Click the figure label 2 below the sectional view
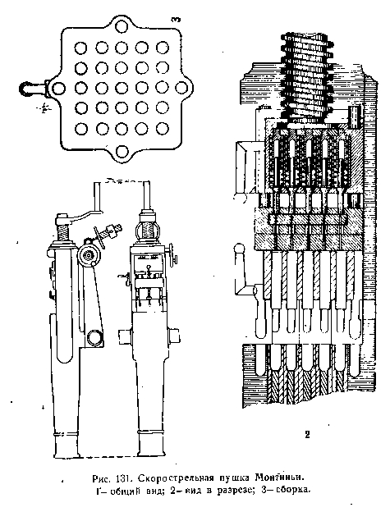point(307,434)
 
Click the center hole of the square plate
point(122,88)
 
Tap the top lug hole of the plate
point(122,26)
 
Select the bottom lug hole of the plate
point(122,151)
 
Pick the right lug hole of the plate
point(181,88)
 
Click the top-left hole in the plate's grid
point(80,48)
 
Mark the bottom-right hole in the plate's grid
point(163,128)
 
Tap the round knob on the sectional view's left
point(240,249)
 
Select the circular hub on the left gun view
point(89,255)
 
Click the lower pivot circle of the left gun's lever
point(94,338)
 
